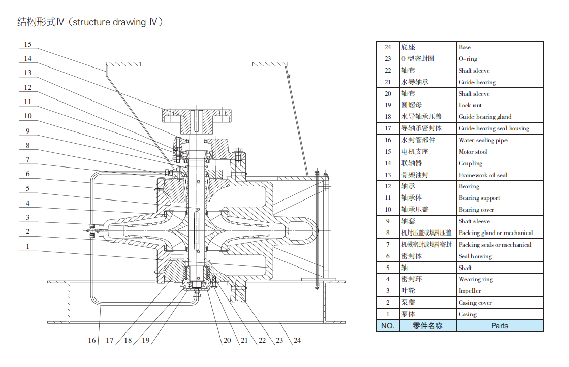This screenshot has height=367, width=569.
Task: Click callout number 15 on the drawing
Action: coord(28,45)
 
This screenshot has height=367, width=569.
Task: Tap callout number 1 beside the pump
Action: coord(28,246)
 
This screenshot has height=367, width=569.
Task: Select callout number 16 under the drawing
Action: coord(92,341)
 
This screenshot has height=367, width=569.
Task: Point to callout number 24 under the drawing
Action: coord(297,341)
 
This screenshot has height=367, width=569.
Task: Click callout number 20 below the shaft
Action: coord(227,341)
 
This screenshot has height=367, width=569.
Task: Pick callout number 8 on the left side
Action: coord(28,145)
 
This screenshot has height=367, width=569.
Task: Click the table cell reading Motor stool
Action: coord(472,152)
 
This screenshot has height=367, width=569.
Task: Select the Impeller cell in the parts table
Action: coord(469,291)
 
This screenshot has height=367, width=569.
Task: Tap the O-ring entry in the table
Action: coord(467,59)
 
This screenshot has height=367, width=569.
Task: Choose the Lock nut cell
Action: coord(470,105)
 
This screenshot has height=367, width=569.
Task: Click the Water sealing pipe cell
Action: coord(483,140)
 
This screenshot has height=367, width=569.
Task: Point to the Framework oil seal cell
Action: coord(483,175)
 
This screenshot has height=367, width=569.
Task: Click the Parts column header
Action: coord(499,326)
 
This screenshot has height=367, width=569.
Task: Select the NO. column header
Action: coord(388,326)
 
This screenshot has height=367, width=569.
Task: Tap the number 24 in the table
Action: coord(388,47)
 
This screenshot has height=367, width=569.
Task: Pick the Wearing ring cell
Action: coord(476,279)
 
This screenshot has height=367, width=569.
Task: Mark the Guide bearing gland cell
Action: coord(485,117)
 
